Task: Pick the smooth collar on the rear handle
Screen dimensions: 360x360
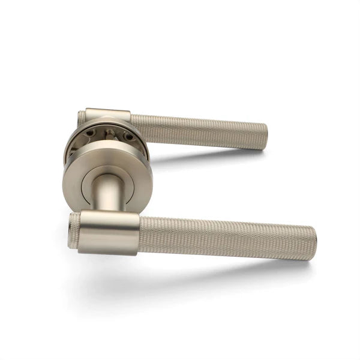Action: (x=107, y=115)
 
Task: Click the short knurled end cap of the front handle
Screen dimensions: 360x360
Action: (x=74, y=230)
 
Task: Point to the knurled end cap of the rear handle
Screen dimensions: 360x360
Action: (x=81, y=118)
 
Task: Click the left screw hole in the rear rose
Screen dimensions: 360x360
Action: (x=89, y=133)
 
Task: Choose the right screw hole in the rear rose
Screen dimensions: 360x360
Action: (x=127, y=136)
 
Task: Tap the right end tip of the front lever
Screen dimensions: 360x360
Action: (x=314, y=243)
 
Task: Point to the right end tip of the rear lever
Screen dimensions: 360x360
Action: (x=265, y=137)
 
